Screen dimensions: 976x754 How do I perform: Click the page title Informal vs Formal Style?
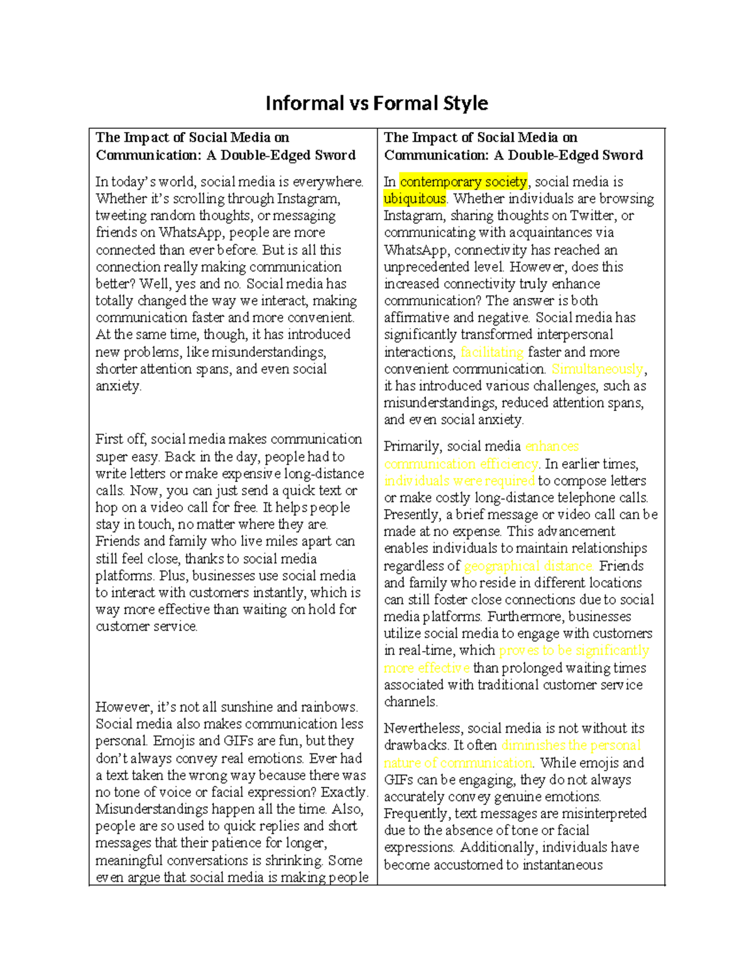(376, 103)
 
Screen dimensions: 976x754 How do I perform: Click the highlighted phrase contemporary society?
(463, 182)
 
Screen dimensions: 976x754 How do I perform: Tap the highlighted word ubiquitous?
(415, 199)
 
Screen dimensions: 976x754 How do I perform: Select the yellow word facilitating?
(491, 352)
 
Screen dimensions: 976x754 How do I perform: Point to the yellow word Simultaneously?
(597, 369)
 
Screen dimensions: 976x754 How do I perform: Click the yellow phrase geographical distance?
(528, 566)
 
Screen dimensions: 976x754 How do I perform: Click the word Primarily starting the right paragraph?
(413, 447)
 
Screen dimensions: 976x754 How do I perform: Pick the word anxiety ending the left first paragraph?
(117, 386)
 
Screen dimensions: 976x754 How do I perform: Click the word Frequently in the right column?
(416, 814)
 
